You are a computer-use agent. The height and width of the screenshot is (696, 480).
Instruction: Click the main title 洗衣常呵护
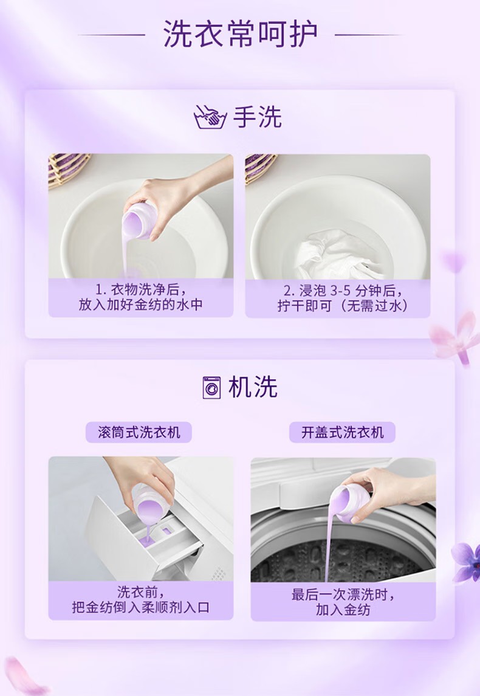240,33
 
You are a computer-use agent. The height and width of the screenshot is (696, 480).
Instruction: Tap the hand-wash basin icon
210,117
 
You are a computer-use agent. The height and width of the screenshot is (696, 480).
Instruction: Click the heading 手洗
258,117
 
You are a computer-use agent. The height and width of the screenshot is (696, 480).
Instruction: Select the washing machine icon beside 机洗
211,387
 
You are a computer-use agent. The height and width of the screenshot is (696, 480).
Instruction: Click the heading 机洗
253,387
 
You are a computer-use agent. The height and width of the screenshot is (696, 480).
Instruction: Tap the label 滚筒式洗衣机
139,432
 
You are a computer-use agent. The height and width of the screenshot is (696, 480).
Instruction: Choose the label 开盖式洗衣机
343,432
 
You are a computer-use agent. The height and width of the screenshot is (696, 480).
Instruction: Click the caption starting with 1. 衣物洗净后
140,297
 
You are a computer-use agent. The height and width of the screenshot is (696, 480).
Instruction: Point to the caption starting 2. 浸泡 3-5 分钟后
343,298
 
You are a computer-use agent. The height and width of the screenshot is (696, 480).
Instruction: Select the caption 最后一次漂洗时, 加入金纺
343,601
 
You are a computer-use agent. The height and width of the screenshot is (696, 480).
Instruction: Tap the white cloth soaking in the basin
338,254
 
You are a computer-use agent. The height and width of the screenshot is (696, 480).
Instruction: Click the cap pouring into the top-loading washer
351,503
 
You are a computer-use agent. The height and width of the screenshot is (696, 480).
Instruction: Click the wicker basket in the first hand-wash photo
67,168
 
